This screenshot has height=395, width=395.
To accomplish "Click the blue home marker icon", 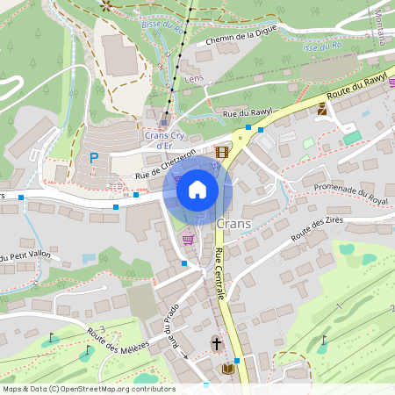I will pos(197,189).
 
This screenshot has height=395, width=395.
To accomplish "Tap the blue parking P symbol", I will pos(93,158).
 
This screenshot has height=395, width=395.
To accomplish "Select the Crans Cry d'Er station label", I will pos(164,140).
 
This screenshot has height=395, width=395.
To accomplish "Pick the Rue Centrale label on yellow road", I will pos(219,275).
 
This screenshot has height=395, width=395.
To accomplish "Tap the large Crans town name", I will pos(233,224).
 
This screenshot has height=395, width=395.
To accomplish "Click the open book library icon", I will pos(228,369).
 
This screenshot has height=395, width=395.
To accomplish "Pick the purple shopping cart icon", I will pos(187,238).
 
